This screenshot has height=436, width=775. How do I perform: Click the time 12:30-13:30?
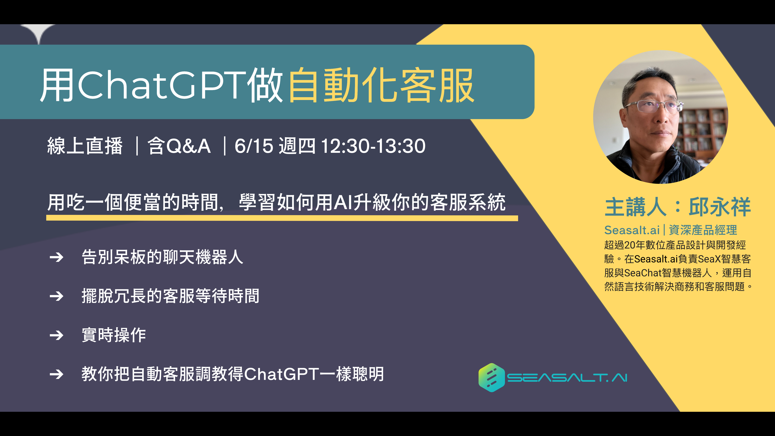click(373, 146)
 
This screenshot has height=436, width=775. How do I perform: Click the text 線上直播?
click(85, 146)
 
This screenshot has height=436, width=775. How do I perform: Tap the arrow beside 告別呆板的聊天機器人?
click(57, 257)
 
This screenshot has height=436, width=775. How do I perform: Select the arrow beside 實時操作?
click(57, 335)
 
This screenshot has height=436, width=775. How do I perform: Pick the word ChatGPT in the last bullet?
click(282, 374)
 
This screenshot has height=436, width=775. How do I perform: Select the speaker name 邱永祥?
click(720, 207)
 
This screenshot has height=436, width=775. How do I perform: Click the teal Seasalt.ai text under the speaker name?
click(632, 230)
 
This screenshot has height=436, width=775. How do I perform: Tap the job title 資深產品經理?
click(703, 230)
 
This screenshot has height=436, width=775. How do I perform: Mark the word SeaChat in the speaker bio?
click(643, 273)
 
